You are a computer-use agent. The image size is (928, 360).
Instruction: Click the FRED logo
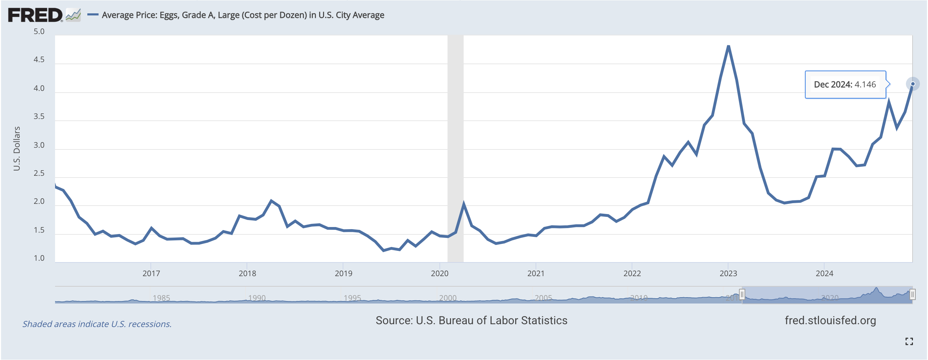(35, 15)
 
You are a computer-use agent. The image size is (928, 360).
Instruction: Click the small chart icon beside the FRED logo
(73, 15)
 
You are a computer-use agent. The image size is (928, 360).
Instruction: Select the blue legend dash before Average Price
(93, 15)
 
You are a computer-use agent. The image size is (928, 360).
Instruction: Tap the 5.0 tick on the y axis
(39, 32)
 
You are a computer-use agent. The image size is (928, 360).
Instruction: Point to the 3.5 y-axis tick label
(39, 116)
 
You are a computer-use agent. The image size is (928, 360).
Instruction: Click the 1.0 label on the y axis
(39, 258)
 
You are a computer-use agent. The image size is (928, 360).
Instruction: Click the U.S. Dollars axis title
(16, 148)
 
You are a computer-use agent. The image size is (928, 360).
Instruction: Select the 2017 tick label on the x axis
(151, 274)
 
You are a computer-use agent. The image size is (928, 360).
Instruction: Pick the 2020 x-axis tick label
(439, 274)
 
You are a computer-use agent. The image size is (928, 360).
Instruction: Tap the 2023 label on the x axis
(728, 274)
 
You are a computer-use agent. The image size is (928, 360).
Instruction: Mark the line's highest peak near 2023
(728, 46)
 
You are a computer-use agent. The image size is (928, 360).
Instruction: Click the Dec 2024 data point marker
(913, 84)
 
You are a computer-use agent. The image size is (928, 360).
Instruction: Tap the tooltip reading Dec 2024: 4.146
(845, 85)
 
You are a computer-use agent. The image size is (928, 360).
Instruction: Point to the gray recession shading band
(455, 144)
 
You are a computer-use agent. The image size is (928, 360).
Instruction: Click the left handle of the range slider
(742, 295)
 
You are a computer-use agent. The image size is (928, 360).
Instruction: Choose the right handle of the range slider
(912, 295)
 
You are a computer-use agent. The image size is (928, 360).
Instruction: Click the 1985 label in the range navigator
(161, 298)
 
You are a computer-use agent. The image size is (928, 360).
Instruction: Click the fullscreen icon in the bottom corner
(909, 341)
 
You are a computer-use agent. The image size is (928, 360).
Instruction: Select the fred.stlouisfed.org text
(830, 320)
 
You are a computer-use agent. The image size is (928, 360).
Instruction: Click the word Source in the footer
(393, 320)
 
